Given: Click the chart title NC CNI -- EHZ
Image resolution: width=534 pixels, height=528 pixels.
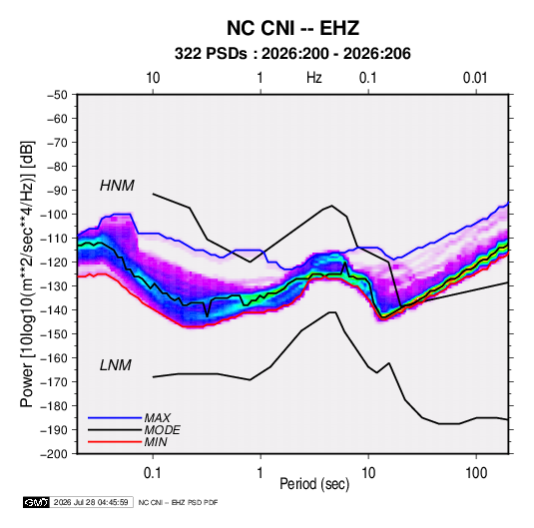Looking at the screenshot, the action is (292, 28).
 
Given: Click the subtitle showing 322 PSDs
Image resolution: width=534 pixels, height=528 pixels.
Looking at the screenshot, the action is (292, 54).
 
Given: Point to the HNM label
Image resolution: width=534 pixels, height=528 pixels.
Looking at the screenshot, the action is (117, 186).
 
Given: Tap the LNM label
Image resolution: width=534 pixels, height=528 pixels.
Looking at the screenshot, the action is (116, 365).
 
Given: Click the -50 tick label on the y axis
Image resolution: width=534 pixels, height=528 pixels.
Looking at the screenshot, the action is (57, 95).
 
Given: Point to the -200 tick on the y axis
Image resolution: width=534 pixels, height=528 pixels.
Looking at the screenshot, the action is (54, 454).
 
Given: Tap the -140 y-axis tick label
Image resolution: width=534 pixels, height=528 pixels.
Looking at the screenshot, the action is (54, 310).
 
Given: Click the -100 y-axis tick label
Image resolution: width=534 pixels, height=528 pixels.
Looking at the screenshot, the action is (54, 215).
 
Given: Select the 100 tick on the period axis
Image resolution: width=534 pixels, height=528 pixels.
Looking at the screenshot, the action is (476, 472).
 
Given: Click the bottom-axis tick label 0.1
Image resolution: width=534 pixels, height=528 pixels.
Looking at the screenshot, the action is (153, 472).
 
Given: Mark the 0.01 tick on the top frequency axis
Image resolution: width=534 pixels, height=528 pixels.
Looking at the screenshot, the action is (475, 78).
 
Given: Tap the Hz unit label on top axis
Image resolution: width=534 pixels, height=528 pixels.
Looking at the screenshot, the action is (314, 78).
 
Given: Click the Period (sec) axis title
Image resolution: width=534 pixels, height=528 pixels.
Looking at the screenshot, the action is (314, 484).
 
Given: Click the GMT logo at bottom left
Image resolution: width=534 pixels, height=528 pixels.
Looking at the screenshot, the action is (36, 502).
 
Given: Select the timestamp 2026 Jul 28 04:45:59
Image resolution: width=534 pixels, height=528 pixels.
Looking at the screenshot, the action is (91, 502).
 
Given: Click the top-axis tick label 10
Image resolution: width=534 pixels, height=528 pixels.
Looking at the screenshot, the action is (153, 78).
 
